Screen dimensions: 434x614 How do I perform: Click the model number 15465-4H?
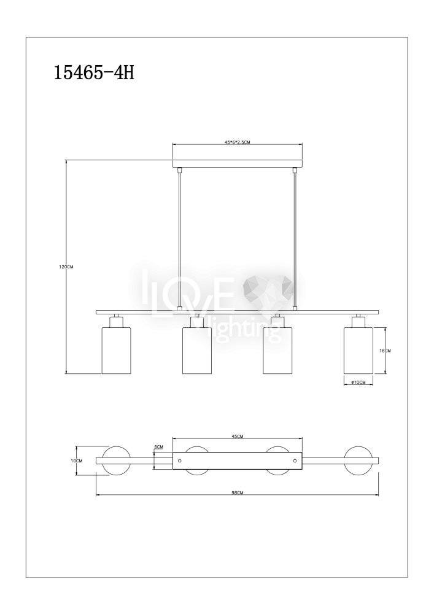point(93,72)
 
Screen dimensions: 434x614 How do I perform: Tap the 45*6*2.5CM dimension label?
point(237,142)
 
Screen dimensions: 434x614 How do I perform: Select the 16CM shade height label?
point(386,351)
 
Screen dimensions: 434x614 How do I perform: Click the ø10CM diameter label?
point(358,382)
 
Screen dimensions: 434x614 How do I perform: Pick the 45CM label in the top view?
point(238,437)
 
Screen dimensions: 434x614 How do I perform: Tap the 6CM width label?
point(159,447)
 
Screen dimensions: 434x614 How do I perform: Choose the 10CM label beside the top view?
point(77,461)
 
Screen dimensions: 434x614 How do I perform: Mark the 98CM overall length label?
point(238,493)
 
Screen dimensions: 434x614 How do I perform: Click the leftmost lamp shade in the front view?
point(116,351)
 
